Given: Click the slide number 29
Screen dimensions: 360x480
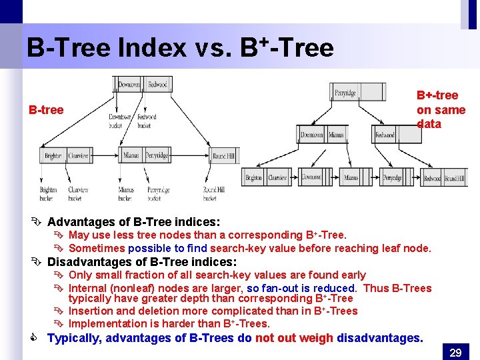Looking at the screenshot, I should pos(455,352).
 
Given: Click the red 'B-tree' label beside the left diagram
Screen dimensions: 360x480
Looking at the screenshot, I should pos(45,110).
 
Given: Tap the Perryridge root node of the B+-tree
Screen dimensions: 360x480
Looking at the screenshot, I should pos(345,93).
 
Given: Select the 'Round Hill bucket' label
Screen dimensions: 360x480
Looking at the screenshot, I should pos(214,194).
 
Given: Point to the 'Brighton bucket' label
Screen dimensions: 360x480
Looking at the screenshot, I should pos(48,194).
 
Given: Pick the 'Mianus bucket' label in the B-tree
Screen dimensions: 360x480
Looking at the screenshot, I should pos(127,194).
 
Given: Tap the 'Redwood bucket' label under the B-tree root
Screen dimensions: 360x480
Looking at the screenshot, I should pos(147,121).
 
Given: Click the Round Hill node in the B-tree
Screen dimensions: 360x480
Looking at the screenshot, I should pos(223,156).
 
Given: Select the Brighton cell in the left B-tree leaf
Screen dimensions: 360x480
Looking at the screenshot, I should pos(53,156).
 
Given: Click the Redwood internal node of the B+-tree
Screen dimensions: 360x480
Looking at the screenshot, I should pos(385,135).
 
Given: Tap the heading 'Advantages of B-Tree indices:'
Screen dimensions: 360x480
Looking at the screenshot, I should pos(133,221).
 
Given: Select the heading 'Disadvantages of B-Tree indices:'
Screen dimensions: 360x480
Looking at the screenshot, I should pos(141,261).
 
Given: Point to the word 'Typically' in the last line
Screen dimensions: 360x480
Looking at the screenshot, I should pos(73,338).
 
